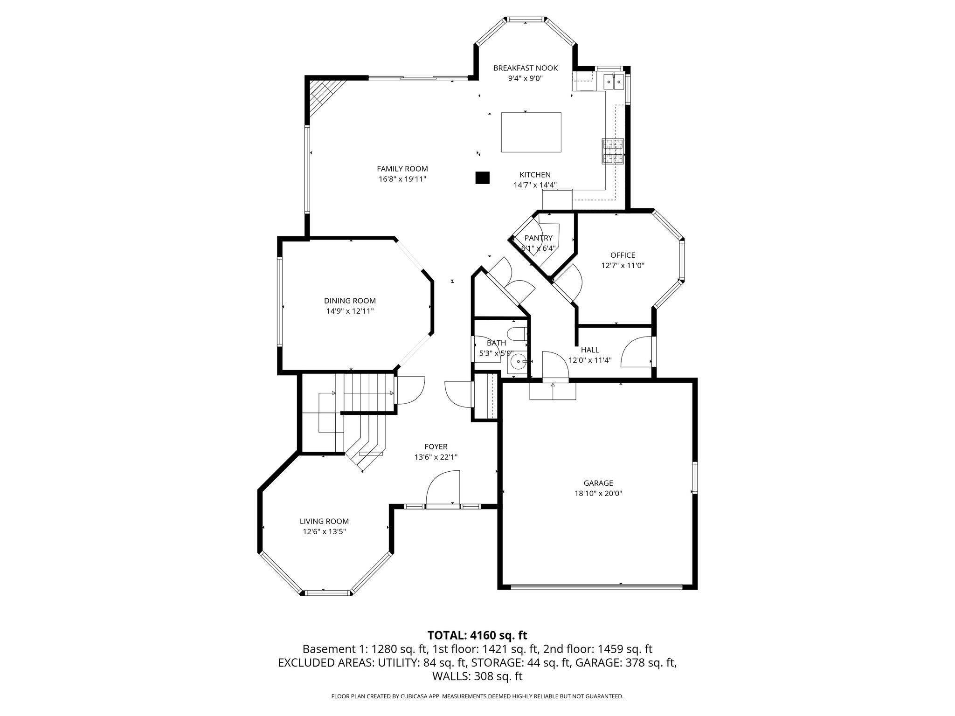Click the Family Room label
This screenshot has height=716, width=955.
402,169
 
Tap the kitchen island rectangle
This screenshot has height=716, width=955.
531,132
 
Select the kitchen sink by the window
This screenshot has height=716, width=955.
614,83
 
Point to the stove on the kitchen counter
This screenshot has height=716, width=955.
613,151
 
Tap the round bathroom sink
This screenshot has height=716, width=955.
518,361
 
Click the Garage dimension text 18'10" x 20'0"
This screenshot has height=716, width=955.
598,493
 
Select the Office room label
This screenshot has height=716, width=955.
623,255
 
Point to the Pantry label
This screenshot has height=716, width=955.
538,238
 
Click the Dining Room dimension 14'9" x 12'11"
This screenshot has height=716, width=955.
350,311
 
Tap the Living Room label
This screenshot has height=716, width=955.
324,521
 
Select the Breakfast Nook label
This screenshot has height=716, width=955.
526,68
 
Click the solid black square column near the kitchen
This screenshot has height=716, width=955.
482,178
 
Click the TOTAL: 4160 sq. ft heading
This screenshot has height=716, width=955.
477,635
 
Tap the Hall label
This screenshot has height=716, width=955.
590,350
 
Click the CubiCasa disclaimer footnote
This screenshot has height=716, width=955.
477,696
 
